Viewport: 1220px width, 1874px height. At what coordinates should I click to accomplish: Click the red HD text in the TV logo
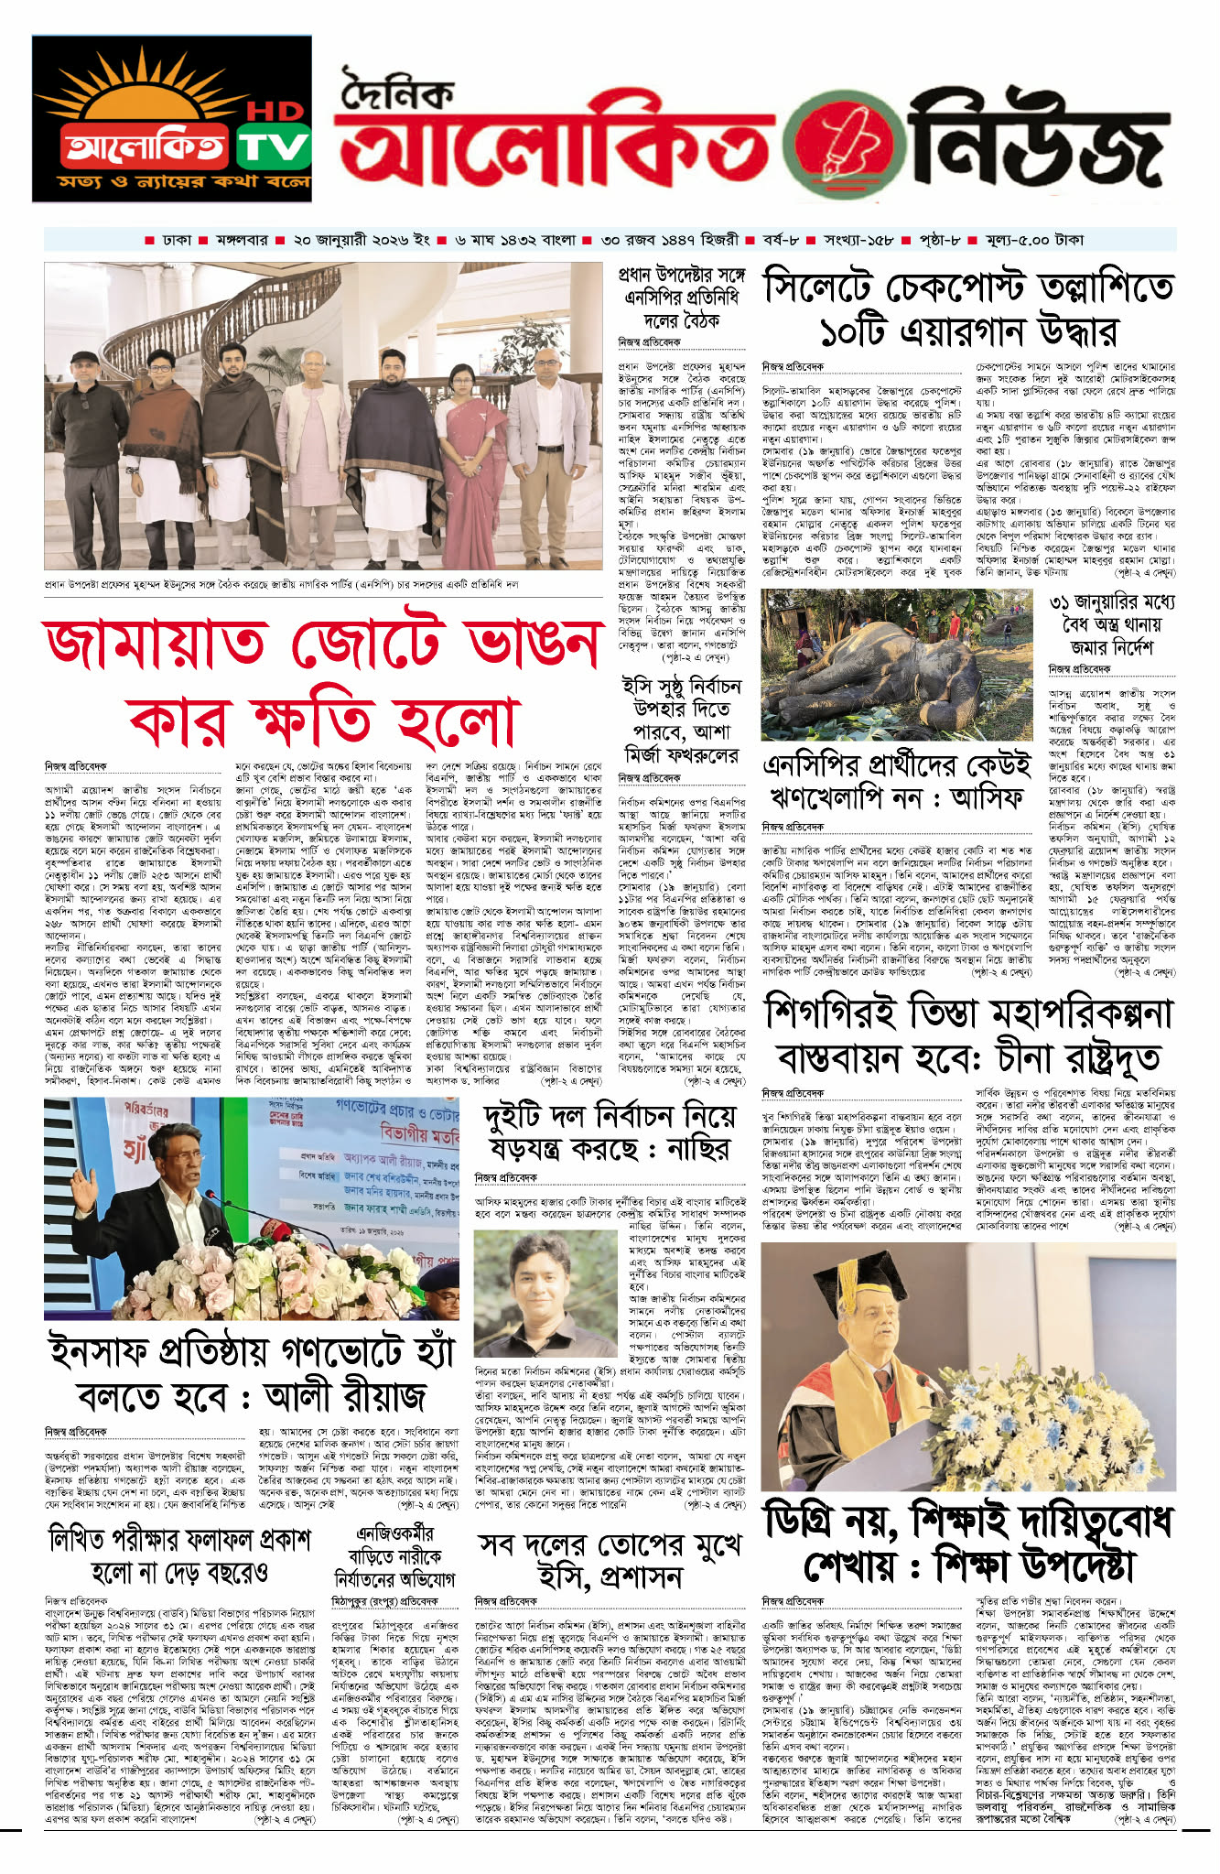click(275, 112)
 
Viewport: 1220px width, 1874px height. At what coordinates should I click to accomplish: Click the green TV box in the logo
click(274, 146)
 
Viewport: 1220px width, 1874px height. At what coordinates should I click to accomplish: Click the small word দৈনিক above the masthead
click(397, 91)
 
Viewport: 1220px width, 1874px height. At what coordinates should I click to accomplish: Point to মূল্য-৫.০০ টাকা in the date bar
click(1034, 240)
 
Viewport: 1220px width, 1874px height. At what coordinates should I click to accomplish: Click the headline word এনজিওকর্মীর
click(395, 1533)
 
